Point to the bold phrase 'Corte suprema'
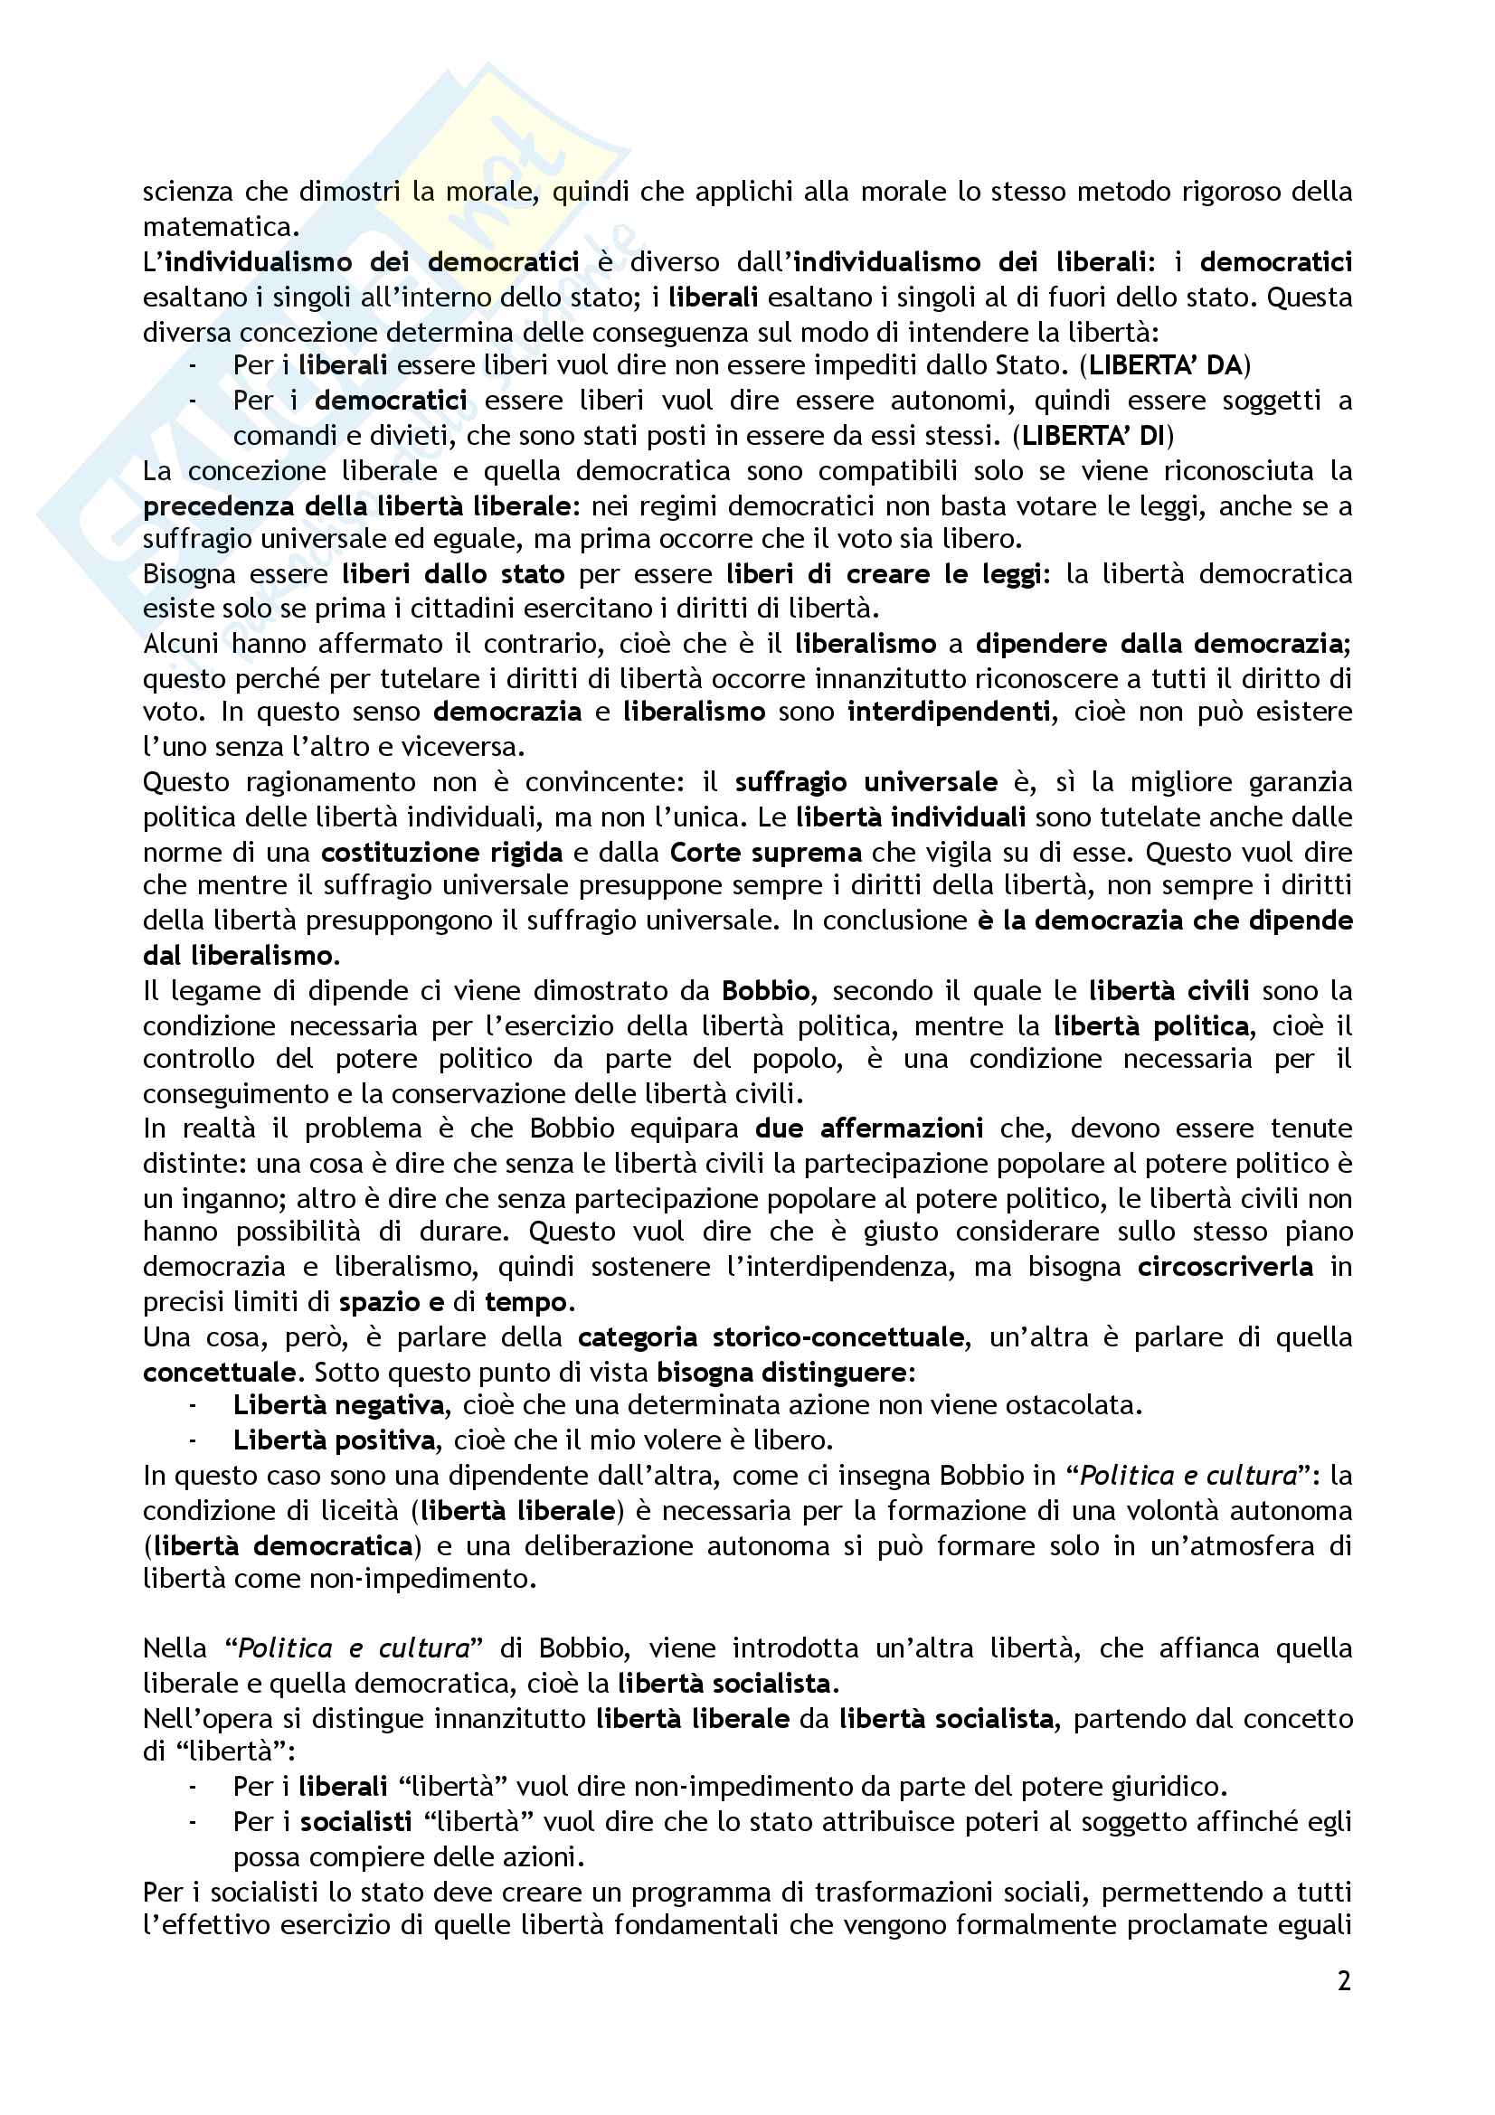765,852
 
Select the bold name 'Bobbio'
765,991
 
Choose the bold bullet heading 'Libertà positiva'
334,1440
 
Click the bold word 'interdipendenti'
948,712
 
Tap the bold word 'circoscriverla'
1225,1268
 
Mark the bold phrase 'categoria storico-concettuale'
770,1337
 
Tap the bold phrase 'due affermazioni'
868,1129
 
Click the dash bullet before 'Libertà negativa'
193,1406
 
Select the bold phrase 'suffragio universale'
866,783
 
